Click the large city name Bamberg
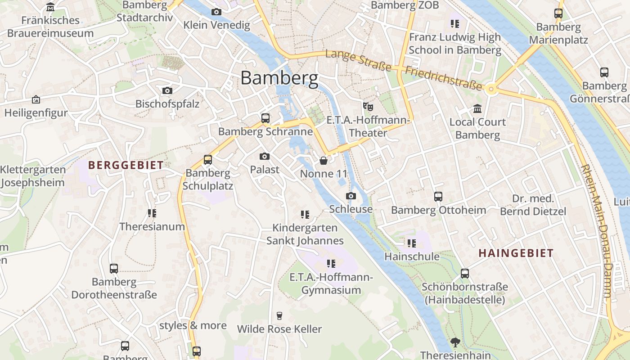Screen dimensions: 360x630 [279, 78]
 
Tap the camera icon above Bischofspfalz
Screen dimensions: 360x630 [167, 90]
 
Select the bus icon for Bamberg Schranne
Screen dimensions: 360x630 [265, 118]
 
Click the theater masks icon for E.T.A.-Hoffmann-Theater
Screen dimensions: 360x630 [368, 107]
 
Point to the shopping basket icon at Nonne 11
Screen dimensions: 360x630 [323, 160]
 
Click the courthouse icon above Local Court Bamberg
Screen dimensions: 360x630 [477, 108]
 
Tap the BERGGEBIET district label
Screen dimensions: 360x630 [126, 165]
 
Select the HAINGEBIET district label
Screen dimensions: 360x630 [516, 253]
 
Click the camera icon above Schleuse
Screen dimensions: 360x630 [351, 196]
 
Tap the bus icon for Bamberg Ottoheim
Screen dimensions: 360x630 [438, 196]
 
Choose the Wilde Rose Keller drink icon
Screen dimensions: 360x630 [279, 315]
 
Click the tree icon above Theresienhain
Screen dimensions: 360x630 [455, 342]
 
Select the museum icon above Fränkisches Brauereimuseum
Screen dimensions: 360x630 [50, 7]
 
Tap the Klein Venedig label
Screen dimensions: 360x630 [216, 25]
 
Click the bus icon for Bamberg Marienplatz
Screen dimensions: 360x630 [558, 13]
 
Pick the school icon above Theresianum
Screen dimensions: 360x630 [152, 213]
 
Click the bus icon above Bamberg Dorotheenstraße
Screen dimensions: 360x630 [114, 269]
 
